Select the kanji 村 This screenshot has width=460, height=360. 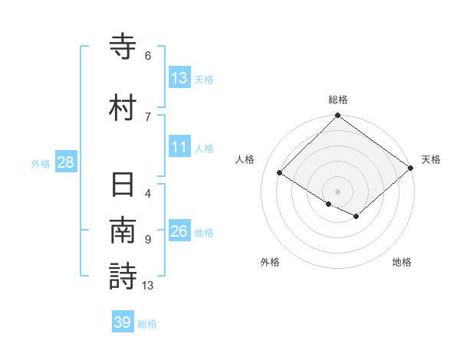pyautogui.click(x=123, y=108)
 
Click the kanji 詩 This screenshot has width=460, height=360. pyautogui.click(x=123, y=276)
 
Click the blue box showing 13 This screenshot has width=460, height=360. pyautogui.click(x=179, y=78)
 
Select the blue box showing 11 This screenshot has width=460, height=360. pyautogui.click(x=179, y=148)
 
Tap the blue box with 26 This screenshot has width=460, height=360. pyautogui.click(x=179, y=232)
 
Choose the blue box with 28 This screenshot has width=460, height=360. pyautogui.click(x=65, y=162)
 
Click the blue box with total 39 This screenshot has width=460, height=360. pyautogui.click(x=123, y=322)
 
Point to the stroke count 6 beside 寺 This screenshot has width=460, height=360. pyautogui.click(x=148, y=56)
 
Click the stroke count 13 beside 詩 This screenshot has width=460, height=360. pyautogui.click(x=148, y=286)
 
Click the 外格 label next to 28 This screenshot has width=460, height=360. pyautogui.click(x=41, y=163)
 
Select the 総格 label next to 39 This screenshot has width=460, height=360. pyautogui.click(x=147, y=324)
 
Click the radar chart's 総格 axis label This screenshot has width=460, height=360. pyautogui.click(x=338, y=100)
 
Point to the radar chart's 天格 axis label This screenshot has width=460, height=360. pyautogui.click(x=431, y=159)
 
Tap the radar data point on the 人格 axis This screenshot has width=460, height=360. pyautogui.click(x=280, y=173)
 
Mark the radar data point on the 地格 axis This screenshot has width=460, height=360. pyautogui.click(x=356, y=218)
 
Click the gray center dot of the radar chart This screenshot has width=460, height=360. pyautogui.click(x=337, y=191)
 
